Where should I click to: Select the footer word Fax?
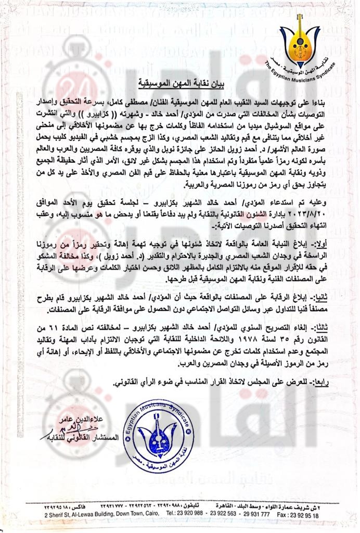pos(285,515)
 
